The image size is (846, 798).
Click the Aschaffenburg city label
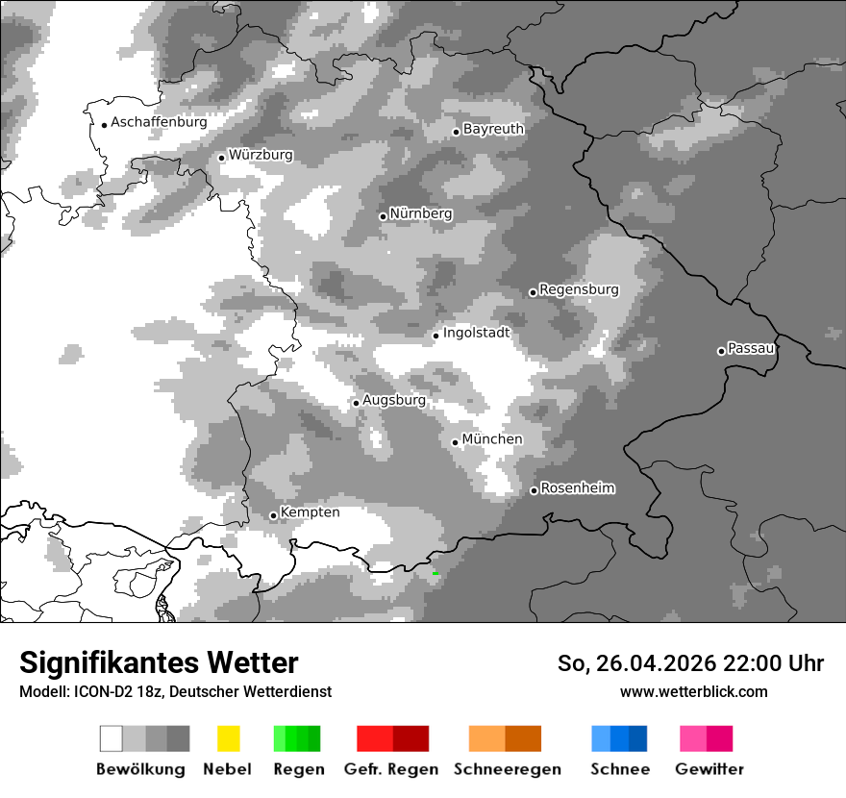tap(159, 122)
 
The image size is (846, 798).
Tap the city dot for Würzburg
tap(221, 158)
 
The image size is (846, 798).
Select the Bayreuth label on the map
tap(493, 129)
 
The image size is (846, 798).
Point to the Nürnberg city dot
tap(383, 216)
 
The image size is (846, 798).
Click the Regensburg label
tap(579, 289)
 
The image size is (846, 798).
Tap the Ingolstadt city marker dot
tap(435, 336)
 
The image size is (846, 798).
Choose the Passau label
tap(751, 348)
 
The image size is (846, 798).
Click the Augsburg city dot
tap(356, 403)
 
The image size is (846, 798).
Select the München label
tap(492, 439)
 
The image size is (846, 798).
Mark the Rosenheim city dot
tap(534, 491)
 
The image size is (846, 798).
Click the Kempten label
tap(310, 512)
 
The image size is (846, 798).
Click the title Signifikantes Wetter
tap(159, 662)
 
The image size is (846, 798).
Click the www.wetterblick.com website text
tap(693, 691)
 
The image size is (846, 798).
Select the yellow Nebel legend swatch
tap(228, 738)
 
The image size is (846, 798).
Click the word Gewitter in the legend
tap(709, 769)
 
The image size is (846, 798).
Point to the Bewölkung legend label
tap(140, 769)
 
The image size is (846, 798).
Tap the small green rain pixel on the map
tap(435, 574)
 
